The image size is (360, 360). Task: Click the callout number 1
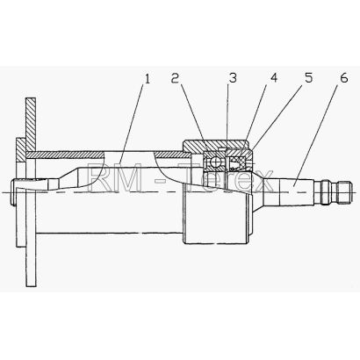(148, 78)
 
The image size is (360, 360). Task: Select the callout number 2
(175, 78)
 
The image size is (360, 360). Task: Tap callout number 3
(233, 78)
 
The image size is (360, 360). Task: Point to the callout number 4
(274, 78)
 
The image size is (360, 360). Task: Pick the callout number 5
(309, 78)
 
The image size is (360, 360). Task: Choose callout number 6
(344, 78)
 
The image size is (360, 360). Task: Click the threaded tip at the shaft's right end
(335, 193)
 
